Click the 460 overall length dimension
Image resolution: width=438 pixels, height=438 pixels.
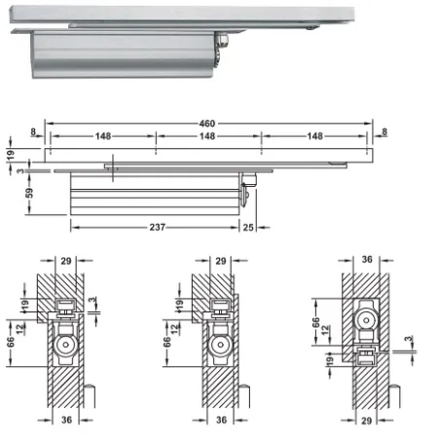207,124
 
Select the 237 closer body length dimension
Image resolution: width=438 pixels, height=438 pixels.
158,227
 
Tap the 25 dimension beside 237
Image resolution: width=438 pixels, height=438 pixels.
248,227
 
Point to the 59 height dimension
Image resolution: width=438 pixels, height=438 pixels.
29,193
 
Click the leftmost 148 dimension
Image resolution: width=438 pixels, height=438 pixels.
103,136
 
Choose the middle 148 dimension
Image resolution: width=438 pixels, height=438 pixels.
207,136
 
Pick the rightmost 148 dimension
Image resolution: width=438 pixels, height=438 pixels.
314,136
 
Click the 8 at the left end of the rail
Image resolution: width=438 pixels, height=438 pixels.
33,131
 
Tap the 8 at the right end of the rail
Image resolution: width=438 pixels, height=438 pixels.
384,131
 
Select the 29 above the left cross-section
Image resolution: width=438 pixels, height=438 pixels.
66,261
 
